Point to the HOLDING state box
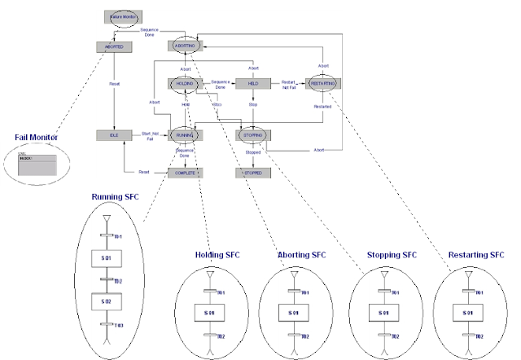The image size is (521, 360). (x=184, y=84)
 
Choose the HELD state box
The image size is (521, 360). (x=252, y=84)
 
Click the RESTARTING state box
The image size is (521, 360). (x=322, y=84)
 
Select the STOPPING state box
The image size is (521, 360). (x=252, y=135)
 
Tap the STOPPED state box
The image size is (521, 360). (x=252, y=173)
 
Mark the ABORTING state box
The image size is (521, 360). (x=184, y=46)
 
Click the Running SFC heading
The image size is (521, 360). (x=118, y=196)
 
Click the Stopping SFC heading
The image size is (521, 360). (x=392, y=255)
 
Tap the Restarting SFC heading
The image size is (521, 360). (x=476, y=255)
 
